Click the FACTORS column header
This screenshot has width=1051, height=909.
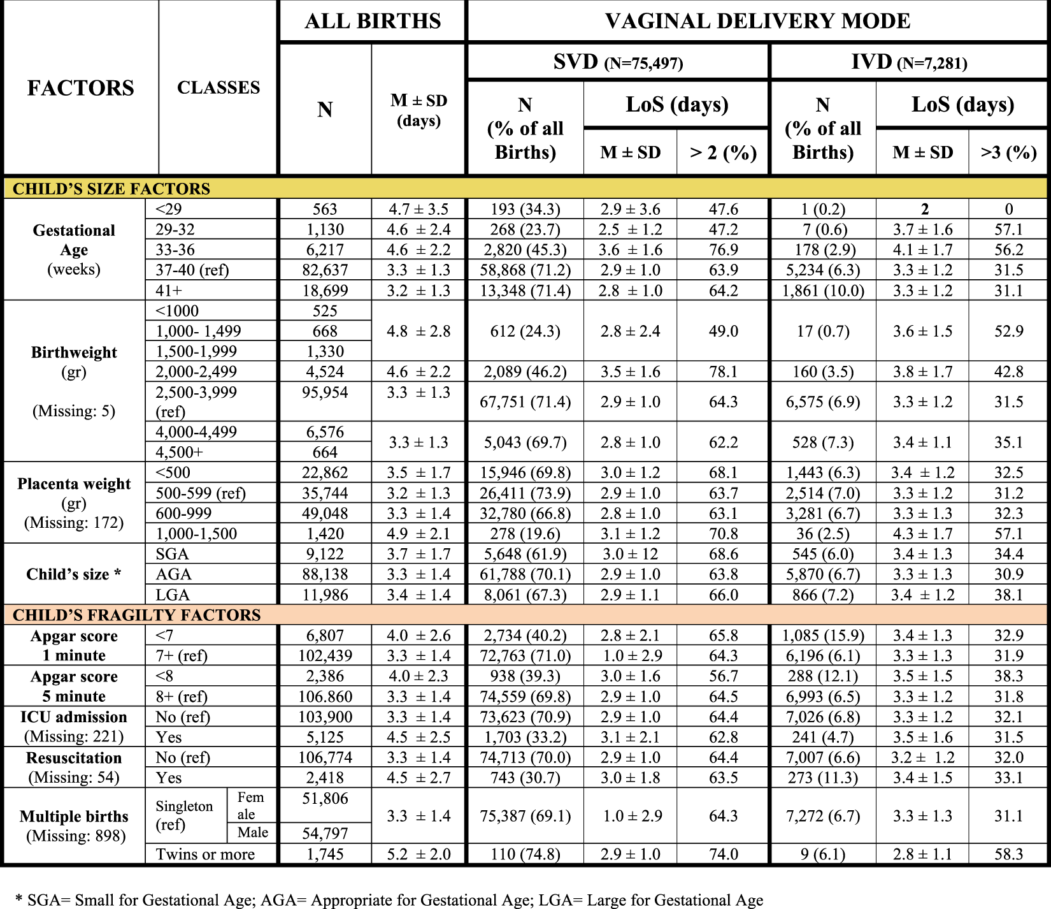click(80, 88)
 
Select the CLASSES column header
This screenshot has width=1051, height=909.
click(218, 88)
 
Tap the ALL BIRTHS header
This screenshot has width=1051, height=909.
click(373, 21)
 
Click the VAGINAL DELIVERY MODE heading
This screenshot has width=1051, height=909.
click(757, 21)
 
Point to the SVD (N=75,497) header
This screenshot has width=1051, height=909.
click(618, 62)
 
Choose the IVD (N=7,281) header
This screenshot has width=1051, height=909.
click(909, 62)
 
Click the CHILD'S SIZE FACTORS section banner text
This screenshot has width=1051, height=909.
click(111, 189)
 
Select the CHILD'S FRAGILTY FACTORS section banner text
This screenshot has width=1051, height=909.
click(137, 615)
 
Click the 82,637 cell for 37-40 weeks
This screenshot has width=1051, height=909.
click(325, 270)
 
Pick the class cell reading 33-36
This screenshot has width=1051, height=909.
click(175, 250)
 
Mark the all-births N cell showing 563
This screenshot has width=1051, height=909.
click(325, 209)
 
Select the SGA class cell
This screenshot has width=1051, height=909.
click(172, 554)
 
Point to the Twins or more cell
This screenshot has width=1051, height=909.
click(205, 854)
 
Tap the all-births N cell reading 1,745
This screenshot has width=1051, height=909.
click(325, 854)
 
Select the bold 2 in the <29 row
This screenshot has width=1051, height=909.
click(924, 209)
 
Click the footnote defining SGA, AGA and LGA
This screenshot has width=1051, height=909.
click(389, 900)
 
